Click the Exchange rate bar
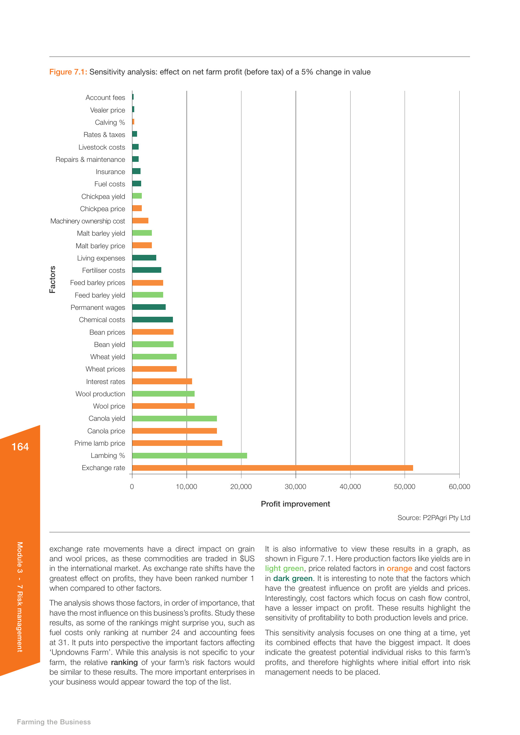272,468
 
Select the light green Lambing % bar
190,456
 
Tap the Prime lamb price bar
177,443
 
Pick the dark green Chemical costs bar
152,320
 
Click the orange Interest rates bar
162,381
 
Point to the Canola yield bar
174,418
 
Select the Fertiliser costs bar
147,270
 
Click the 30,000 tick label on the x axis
295,486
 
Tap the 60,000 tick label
459,486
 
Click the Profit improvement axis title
295,504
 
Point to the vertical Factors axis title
53,279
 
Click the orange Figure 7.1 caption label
68,72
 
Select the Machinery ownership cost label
87,221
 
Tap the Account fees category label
105,98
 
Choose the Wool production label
100,394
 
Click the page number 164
20,447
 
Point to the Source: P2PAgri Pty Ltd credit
434,518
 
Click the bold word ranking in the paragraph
124,662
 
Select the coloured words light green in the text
284,568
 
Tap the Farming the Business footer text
54,722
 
